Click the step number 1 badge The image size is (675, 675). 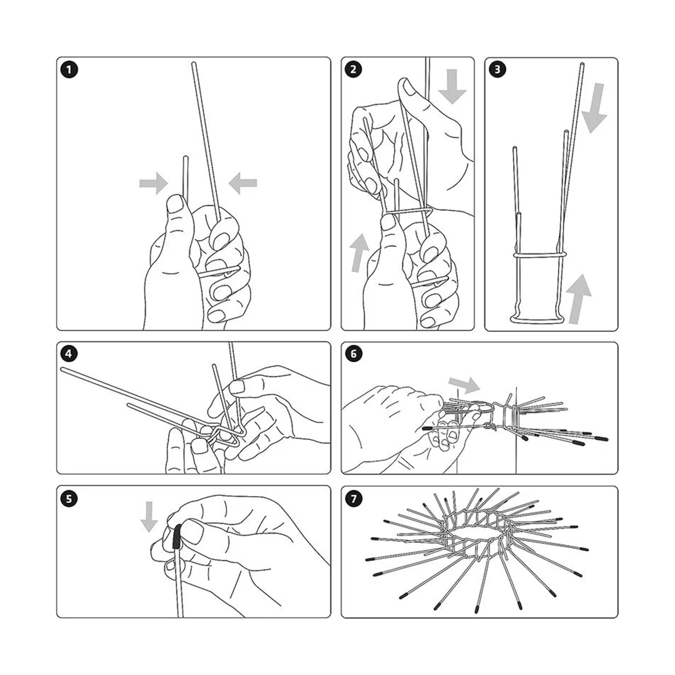point(69,70)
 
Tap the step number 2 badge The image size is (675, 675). point(353,69)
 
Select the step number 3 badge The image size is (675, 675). point(497,69)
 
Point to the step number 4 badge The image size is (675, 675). point(69,354)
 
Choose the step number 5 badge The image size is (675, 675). point(69,498)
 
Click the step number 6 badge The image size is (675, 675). point(353,354)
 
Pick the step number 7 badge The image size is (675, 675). point(353,498)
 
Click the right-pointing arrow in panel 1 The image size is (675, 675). point(154,183)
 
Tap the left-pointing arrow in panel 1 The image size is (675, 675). point(243,183)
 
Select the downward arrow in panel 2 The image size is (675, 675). point(452,87)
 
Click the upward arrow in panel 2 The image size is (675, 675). point(359,253)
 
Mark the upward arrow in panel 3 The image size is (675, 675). point(578,299)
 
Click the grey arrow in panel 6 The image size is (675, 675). point(464,385)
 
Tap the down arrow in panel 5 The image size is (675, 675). point(149,517)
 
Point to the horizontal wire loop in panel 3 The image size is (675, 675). point(540,254)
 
